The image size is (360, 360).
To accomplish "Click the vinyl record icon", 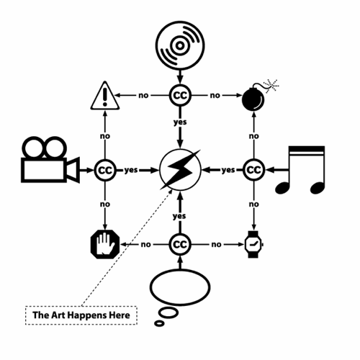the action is point(180,45).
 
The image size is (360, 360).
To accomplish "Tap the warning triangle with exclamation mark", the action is point(105,96).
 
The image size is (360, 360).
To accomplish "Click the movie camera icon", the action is point(50,160).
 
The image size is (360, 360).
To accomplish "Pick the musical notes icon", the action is point(300,170).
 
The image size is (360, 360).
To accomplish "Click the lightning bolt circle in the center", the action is point(180,170).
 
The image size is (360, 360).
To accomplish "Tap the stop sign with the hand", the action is point(105,244).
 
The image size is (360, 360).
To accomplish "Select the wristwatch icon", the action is point(253,244).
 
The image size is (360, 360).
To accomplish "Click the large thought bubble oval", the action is point(180,287).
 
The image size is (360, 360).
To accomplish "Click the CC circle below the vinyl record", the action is point(180,95).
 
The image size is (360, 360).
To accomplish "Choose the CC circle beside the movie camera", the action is point(105,170).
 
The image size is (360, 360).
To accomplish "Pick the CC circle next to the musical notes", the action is point(254,170).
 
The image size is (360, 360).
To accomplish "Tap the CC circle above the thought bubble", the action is point(180,245).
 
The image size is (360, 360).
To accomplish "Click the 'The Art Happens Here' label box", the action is point(81,315).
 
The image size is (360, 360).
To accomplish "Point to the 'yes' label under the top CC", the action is point(180,122).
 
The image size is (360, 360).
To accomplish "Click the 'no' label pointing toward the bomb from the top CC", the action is point(215,96).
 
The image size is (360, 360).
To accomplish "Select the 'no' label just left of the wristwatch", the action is point(216,245).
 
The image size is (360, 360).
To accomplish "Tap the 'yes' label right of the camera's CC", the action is point(131,170).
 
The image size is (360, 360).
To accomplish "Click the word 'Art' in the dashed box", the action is point(58,315).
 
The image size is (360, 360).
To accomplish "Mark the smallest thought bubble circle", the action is point(159,323).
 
